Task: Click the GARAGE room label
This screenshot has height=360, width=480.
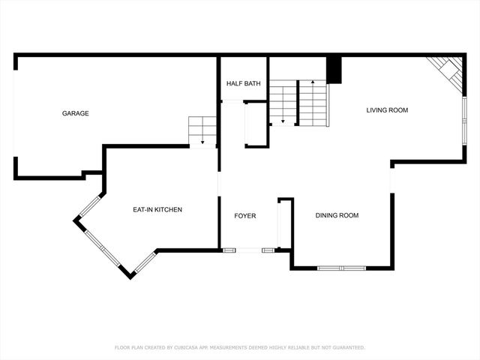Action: pos(75,113)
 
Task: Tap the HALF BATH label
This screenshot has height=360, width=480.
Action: pos(243,83)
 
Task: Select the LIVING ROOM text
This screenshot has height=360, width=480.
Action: pos(387,110)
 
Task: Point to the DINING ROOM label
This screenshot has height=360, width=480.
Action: pos(337,215)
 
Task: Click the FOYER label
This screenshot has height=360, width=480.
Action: pos(245,216)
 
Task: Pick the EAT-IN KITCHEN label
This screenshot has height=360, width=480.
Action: pos(157,209)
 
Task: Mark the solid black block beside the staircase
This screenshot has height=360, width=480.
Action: pos(334,70)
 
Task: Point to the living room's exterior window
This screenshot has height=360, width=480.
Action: pos(464,120)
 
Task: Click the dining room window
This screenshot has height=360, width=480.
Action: pos(341,268)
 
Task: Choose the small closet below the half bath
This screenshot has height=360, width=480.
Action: pos(256,124)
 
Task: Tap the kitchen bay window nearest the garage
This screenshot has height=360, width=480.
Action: pos(90,206)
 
